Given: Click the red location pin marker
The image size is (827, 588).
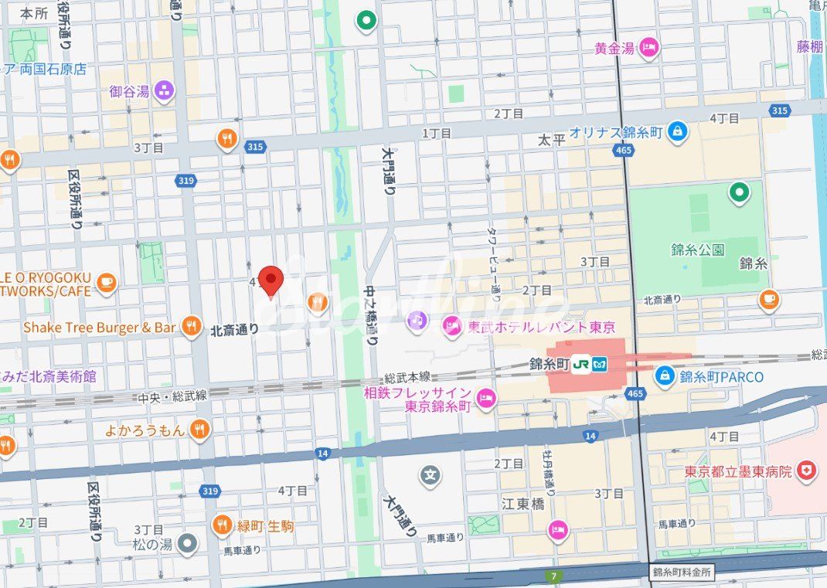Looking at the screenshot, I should (x=271, y=280).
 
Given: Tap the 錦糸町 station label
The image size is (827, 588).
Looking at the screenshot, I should (x=550, y=363).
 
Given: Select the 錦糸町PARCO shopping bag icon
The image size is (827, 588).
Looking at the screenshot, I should (x=664, y=376).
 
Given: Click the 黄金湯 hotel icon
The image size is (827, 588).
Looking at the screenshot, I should (x=649, y=48).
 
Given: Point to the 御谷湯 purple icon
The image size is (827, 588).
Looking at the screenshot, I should (x=164, y=91).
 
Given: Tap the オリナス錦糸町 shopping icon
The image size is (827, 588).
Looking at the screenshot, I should (x=677, y=131).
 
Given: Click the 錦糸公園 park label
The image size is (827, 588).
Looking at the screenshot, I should (x=697, y=249).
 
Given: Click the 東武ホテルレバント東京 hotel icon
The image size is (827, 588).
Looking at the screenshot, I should (x=451, y=327).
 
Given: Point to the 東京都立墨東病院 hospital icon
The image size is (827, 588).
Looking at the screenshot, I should (x=807, y=471).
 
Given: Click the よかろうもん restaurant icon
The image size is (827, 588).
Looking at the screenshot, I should (x=200, y=430).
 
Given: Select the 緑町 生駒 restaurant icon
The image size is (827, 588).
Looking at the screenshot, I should (x=223, y=525).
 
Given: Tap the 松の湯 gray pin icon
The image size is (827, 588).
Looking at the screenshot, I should (x=187, y=545).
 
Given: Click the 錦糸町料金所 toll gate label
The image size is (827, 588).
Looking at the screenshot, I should (x=681, y=573).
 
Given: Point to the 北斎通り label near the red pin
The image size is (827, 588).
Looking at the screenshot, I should (x=235, y=329).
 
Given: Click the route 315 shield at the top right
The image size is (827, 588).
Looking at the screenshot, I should (x=779, y=110).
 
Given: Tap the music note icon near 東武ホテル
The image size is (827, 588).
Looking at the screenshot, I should (x=417, y=318).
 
